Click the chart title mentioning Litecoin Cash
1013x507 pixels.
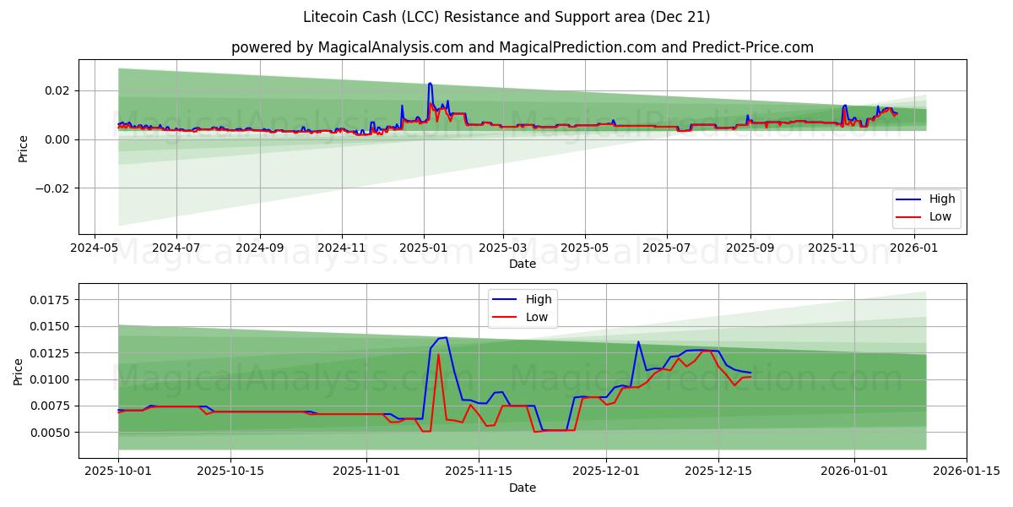click(506, 17)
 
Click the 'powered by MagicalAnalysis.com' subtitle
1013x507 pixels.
click(523, 47)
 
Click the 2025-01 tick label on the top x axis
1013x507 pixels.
click(423, 248)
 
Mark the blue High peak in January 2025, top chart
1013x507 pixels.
click(430, 83)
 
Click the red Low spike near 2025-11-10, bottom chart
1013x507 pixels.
click(438, 354)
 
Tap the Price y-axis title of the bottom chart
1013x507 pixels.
click(19, 370)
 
